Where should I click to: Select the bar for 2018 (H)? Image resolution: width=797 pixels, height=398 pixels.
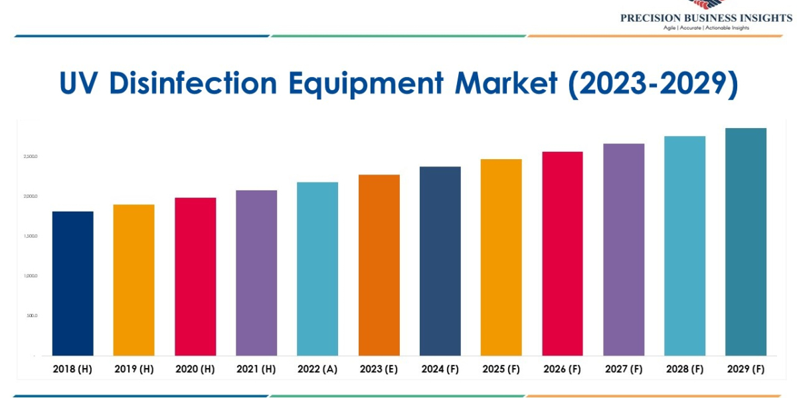pyautogui.click(x=72, y=283)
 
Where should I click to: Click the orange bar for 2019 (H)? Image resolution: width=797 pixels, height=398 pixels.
pyautogui.click(x=133, y=280)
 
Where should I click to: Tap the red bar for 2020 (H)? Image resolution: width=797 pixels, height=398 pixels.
pyautogui.click(x=195, y=277)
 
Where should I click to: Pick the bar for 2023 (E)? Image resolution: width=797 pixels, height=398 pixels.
pyautogui.click(x=379, y=265)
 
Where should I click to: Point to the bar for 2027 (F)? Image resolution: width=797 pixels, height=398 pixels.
pyautogui.click(x=624, y=249)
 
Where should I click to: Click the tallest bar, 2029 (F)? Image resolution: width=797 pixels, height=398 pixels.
pyautogui.click(x=746, y=241)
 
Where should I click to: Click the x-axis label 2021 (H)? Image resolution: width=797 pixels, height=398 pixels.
pyautogui.click(x=256, y=369)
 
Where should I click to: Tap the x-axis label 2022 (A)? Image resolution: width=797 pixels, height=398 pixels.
pyautogui.click(x=317, y=369)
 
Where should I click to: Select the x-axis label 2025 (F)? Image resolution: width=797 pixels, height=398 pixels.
pyautogui.click(x=501, y=369)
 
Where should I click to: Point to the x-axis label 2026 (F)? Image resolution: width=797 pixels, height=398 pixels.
pyautogui.click(x=563, y=369)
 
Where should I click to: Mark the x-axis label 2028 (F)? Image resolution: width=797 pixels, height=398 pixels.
pyautogui.click(x=685, y=369)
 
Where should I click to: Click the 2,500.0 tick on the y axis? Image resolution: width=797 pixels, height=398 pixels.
pyautogui.click(x=31, y=157)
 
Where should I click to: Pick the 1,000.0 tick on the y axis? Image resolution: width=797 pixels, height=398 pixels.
pyautogui.click(x=31, y=276)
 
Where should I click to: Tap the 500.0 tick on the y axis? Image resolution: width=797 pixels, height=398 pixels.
pyautogui.click(x=32, y=316)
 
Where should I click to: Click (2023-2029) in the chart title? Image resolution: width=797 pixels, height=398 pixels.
pyautogui.click(x=653, y=84)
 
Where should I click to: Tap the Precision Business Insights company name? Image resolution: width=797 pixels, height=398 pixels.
pyautogui.click(x=706, y=18)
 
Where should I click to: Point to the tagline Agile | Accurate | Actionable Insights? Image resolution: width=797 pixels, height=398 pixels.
pyautogui.click(x=706, y=28)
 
